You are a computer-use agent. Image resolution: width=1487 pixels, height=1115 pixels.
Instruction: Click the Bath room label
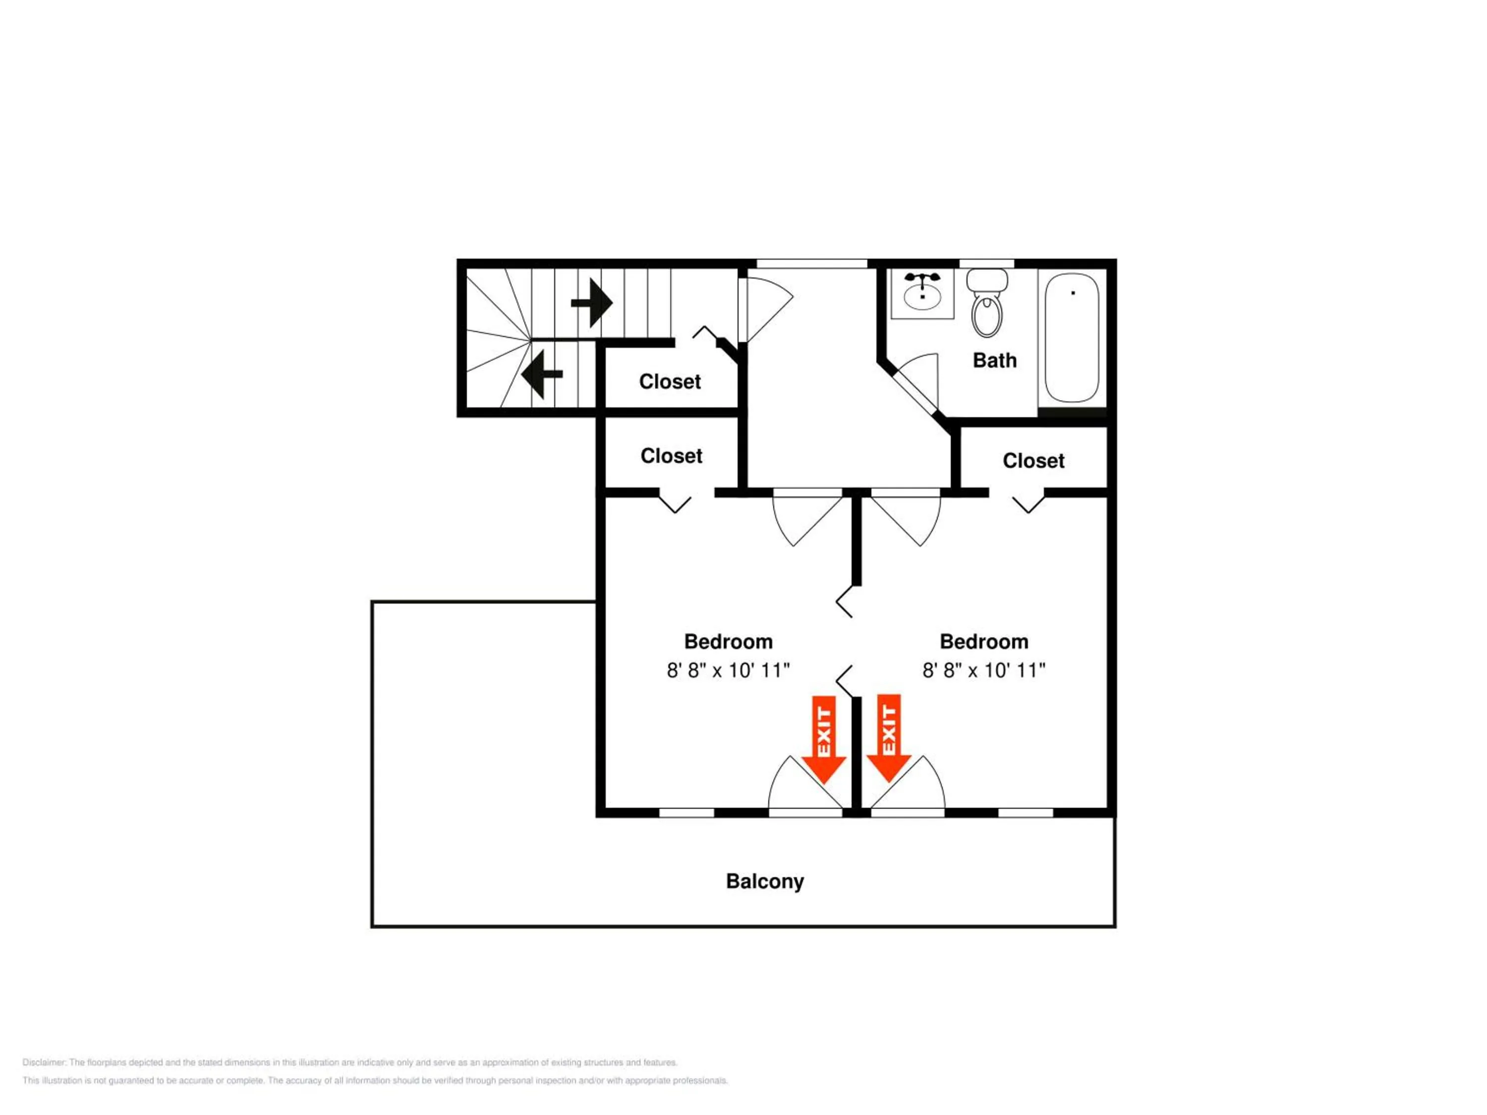(994, 360)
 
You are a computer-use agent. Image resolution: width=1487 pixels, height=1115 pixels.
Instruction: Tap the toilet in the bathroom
(987, 303)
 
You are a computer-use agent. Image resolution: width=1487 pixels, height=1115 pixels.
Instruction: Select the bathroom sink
(922, 294)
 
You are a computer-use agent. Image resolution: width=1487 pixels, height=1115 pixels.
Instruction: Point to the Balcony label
(764, 881)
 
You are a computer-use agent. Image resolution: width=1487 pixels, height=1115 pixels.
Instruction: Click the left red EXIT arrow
(823, 739)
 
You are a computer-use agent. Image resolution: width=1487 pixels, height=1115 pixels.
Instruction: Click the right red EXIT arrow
(889, 738)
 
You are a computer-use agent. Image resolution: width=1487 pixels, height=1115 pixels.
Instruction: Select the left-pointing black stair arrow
(542, 374)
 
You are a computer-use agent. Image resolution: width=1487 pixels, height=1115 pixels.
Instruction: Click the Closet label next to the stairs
(670, 382)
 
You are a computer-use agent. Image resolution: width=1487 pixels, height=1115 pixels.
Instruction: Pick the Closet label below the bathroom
(1033, 461)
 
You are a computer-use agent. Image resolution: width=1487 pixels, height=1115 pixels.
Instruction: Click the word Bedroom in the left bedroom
(728, 642)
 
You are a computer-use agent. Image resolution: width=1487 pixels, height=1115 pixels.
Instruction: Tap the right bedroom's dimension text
(983, 670)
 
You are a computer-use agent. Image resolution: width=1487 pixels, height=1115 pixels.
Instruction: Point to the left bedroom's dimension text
(728, 670)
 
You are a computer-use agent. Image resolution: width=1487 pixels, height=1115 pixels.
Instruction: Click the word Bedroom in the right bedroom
(983, 642)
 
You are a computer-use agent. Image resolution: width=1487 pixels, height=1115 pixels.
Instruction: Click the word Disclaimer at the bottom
(45, 1062)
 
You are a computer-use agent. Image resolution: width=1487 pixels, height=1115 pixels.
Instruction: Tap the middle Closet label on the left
(671, 456)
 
